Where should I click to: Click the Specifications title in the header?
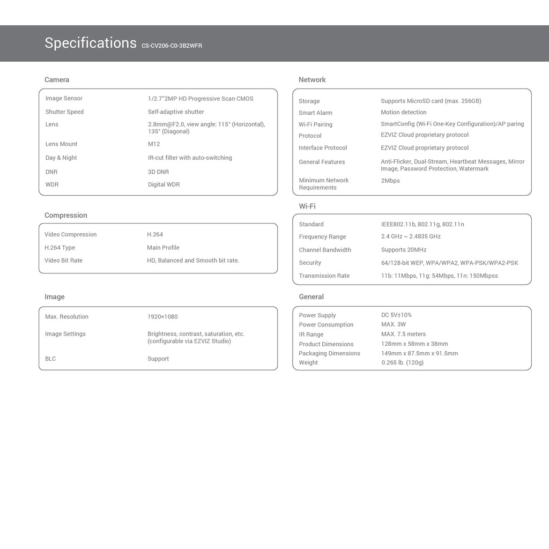(x=90, y=43)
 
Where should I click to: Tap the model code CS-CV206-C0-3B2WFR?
(x=172, y=46)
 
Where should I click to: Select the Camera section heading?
(x=57, y=80)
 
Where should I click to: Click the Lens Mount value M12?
(x=154, y=144)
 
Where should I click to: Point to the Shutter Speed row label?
(x=64, y=112)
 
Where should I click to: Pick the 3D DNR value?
(x=158, y=172)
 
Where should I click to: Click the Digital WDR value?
(x=164, y=184)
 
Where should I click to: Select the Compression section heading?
(x=65, y=216)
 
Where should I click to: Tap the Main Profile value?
(x=163, y=248)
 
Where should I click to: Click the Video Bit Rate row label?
(x=63, y=261)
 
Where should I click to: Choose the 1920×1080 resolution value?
(x=162, y=317)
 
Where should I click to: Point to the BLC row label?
(x=50, y=359)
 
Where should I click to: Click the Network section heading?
(x=312, y=80)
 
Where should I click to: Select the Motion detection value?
(x=404, y=113)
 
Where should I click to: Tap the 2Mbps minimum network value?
(x=390, y=181)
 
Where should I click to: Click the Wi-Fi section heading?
(x=307, y=206)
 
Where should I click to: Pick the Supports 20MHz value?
(x=404, y=250)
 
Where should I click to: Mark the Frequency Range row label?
(x=322, y=237)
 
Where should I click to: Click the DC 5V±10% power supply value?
(x=396, y=315)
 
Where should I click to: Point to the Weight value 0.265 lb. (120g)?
(x=402, y=363)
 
